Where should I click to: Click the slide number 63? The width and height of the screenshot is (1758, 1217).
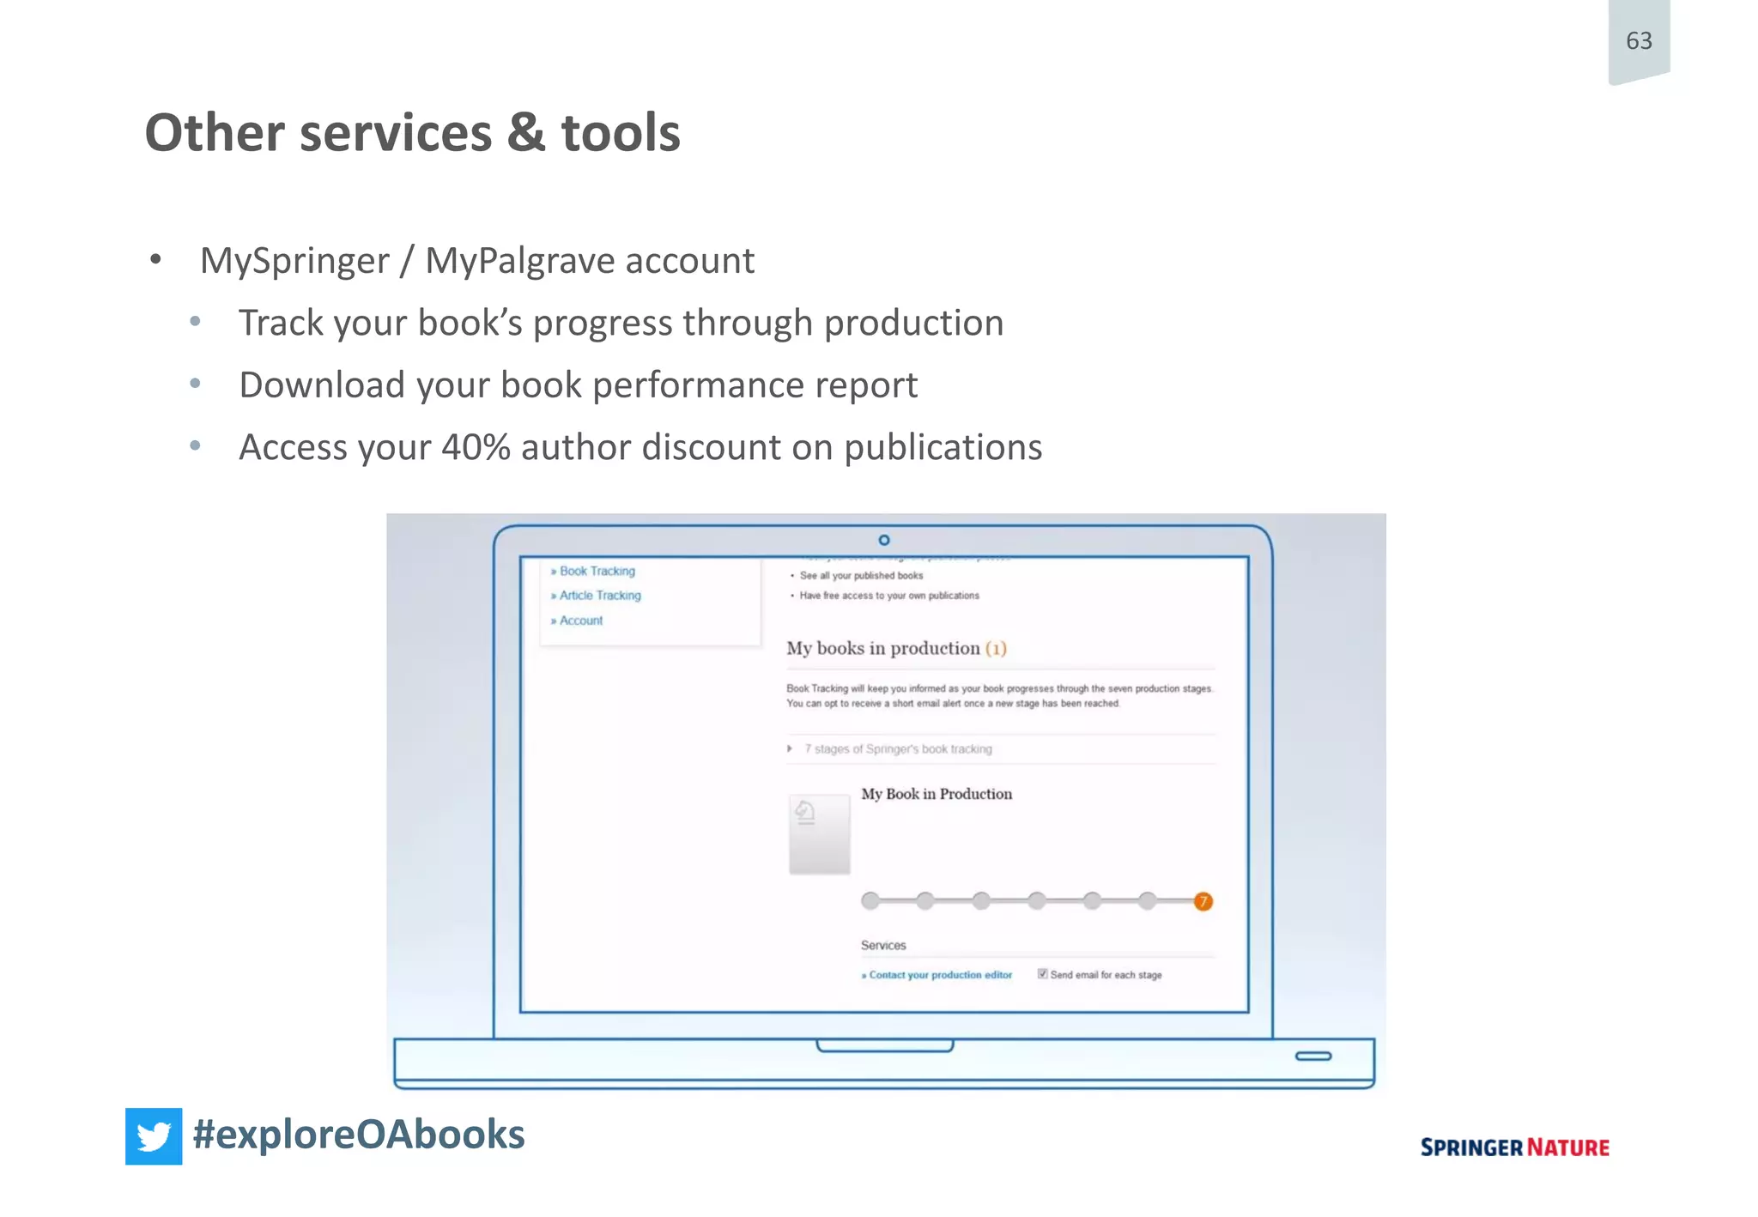[1638, 41]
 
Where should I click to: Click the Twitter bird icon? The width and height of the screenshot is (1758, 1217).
[154, 1136]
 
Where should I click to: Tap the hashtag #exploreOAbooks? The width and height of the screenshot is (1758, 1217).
[359, 1135]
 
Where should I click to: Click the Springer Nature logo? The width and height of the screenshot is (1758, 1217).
[1514, 1147]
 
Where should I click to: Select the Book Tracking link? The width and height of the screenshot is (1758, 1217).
[597, 572]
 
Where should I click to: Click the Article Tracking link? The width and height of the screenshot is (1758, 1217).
[599, 596]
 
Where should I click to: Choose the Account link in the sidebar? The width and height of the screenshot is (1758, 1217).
[580, 621]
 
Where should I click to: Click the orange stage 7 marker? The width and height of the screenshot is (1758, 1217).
[1203, 901]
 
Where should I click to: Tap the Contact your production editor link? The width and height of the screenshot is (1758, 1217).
[940, 975]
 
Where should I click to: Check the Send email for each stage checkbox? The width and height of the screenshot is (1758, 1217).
[1042, 974]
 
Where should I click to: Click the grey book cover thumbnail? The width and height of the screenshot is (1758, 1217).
[819, 834]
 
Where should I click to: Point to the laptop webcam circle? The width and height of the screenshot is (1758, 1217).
[884, 540]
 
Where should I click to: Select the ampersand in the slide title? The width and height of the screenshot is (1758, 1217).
[525, 134]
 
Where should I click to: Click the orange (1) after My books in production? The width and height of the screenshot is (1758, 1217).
[996, 649]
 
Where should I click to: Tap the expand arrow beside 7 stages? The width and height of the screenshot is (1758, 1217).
[790, 749]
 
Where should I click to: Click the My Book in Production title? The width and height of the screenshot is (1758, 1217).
[937, 795]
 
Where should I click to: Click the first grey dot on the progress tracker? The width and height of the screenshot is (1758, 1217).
[870, 900]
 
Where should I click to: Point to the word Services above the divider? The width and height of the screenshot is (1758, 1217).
[883, 945]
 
